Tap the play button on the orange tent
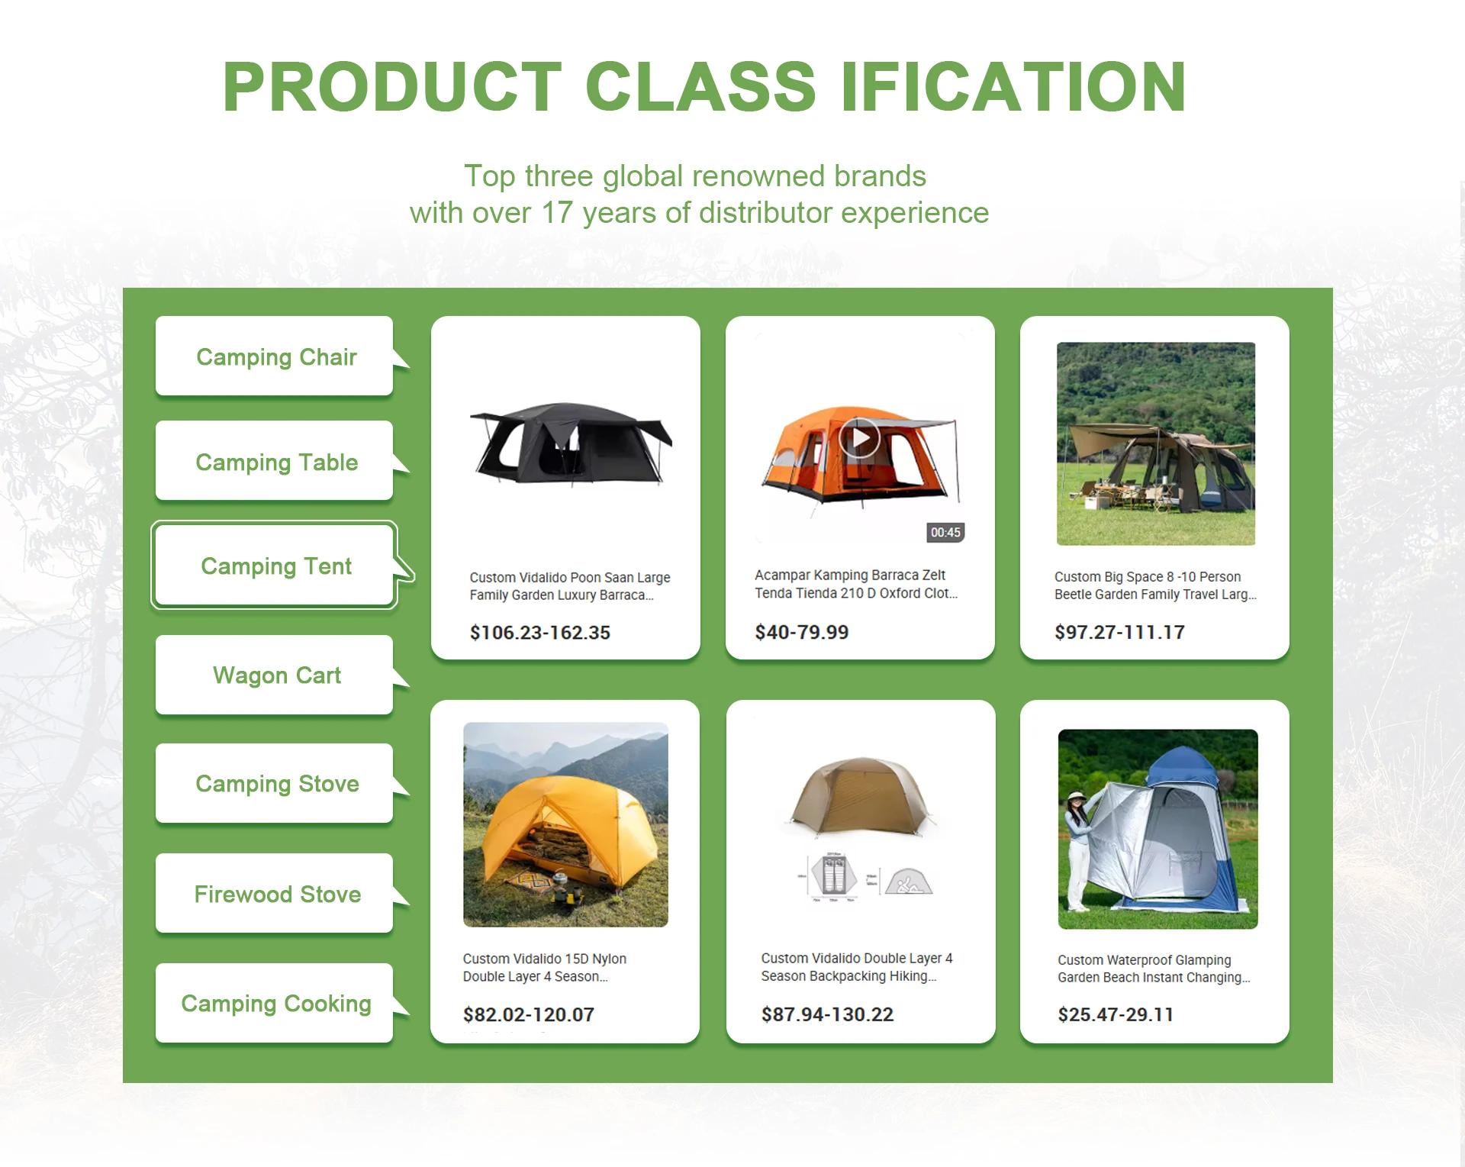click(x=860, y=438)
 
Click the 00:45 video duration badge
click(x=945, y=533)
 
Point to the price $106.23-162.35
click(x=540, y=633)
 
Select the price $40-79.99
click(x=802, y=632)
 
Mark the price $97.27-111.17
click(x=1119, y=632)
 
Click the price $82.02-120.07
click(x=529, y=1014)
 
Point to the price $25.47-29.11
click(x=1116, y=1014)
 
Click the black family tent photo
click(x=571, y=443)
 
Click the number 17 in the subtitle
click(x=556, y=213)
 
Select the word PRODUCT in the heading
click(x=392, y=86)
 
